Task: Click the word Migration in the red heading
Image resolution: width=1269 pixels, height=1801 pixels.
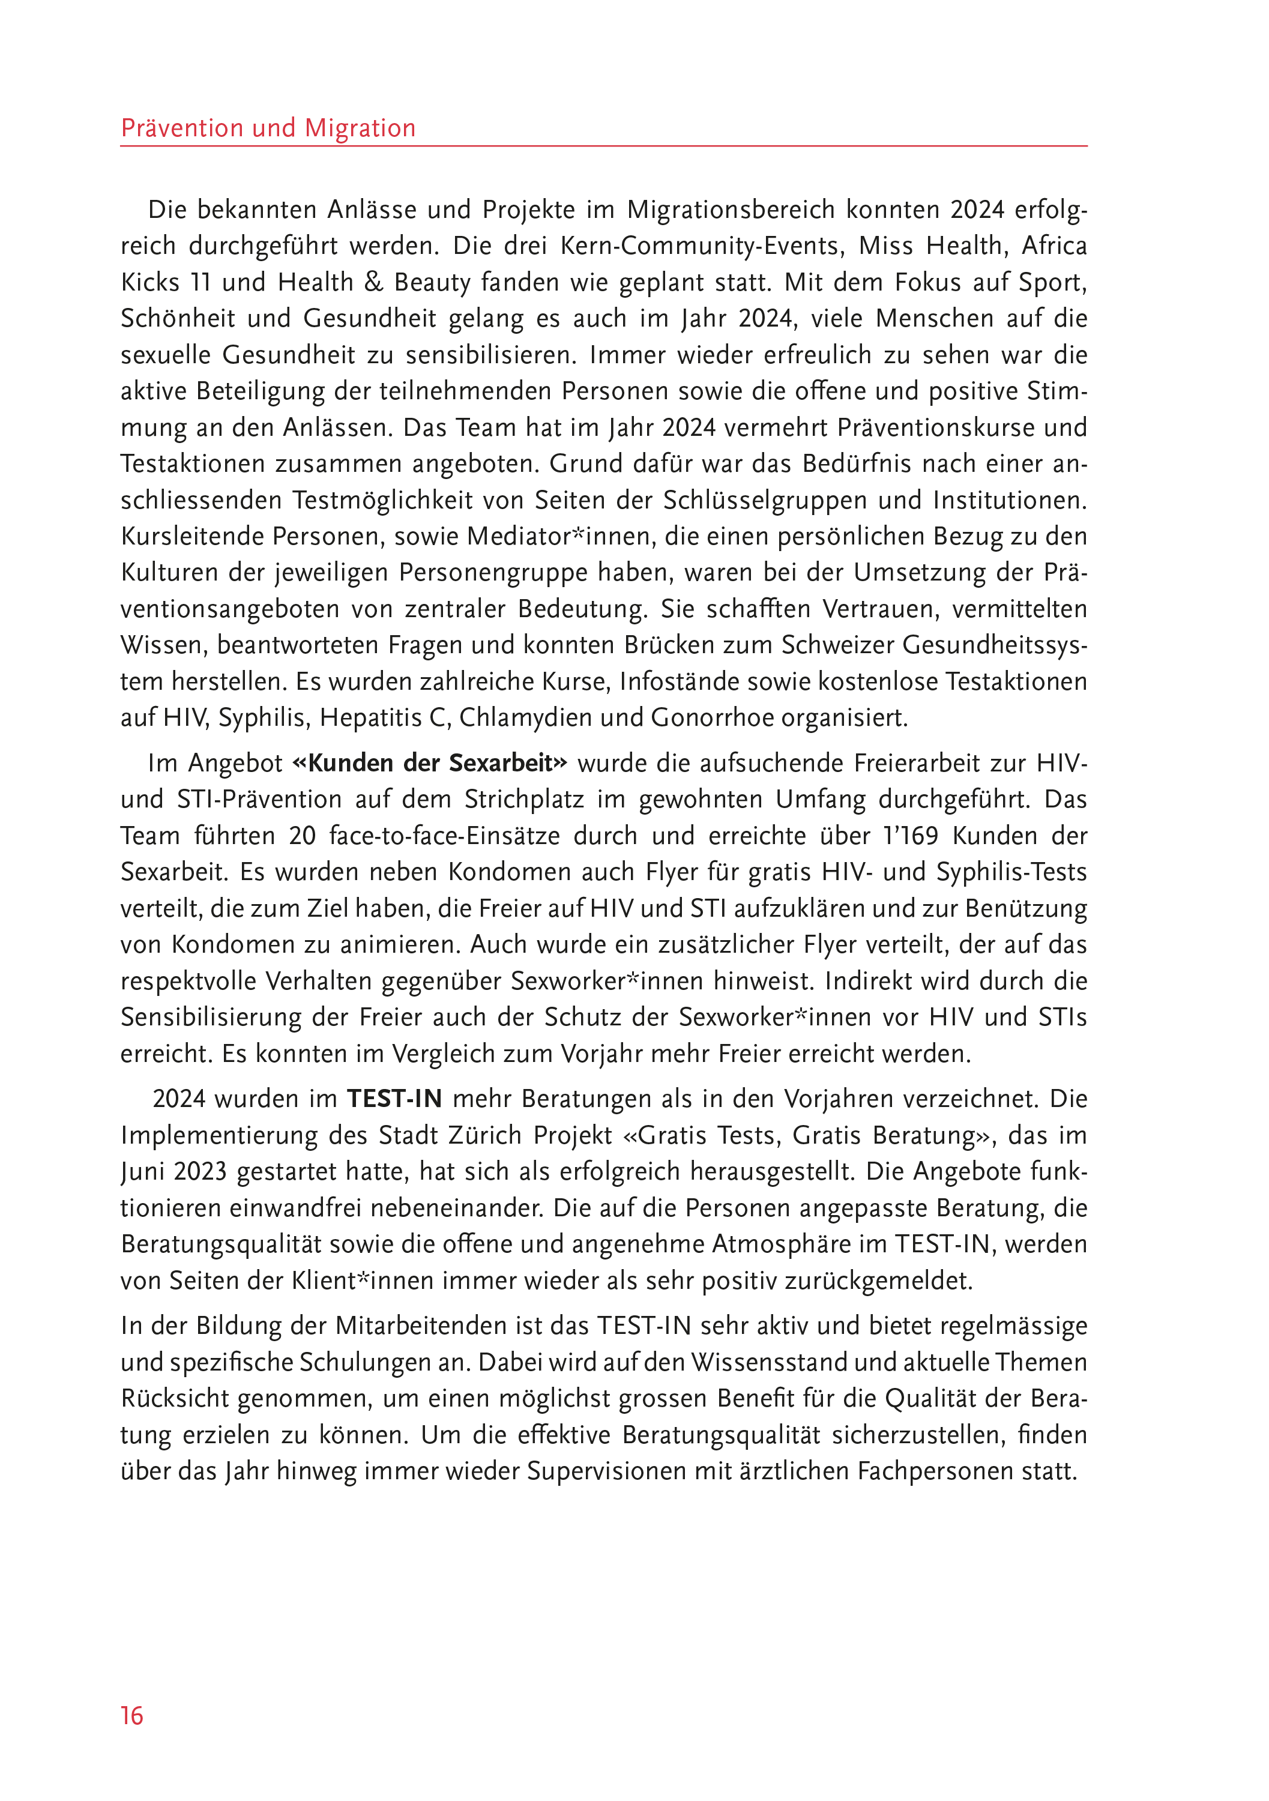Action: pos(360,128)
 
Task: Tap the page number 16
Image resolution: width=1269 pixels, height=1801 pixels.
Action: pos(132,1716)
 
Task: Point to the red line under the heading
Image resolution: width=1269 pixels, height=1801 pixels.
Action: pos(604,146)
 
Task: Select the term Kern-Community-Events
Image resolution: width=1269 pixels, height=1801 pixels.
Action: pos(702,246)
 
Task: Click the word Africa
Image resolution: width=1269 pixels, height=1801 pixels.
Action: pos(1053,246)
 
